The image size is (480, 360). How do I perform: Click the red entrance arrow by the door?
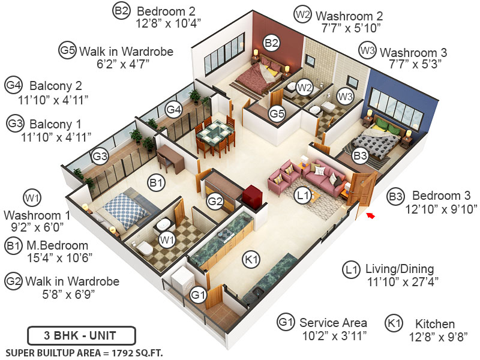[371, 214]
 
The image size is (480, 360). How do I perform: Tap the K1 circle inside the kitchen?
[251, 260]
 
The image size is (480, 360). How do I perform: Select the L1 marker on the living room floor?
[302, 194]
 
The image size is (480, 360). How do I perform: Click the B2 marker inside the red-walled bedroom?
[271, 43]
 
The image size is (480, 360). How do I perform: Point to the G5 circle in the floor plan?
[277, 113]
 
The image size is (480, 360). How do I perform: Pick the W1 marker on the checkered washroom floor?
[167, 240]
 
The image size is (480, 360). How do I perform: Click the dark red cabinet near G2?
[250, 196]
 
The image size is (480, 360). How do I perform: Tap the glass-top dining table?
[215, 131]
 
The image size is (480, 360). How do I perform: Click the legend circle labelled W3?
[367, 50]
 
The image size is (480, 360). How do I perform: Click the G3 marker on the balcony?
[100, 157]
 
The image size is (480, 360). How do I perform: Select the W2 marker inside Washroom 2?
[305, 87]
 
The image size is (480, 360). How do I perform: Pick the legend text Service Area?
[333, 323]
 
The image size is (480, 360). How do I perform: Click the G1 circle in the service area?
[198, 295]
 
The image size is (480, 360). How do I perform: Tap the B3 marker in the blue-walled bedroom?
[360, 157]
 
